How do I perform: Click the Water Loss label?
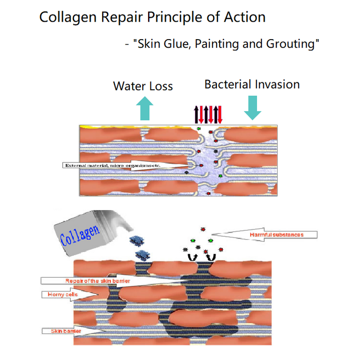[143, 85]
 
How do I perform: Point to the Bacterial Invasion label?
[252, 84]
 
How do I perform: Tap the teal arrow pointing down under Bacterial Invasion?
[252, 108]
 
